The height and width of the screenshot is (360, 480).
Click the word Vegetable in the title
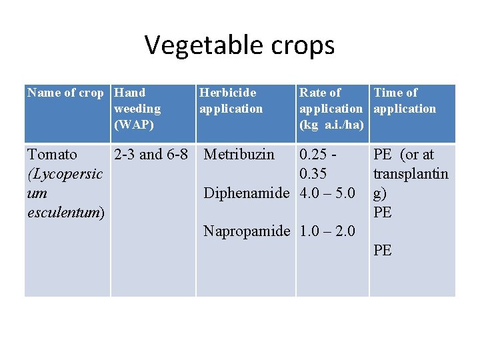(201, 45)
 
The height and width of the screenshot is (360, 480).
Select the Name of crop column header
(65, 93)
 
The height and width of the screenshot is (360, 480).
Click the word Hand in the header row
(130, 93)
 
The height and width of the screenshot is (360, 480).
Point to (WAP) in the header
(134, 125)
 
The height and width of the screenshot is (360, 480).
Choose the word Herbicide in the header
(227, 93)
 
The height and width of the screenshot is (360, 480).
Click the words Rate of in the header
(320, 93)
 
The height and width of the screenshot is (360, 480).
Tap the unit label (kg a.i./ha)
(331, 125)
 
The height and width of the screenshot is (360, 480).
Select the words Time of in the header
(395, 93)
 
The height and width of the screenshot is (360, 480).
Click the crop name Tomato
(52, 155)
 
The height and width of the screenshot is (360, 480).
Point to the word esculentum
(65, 213)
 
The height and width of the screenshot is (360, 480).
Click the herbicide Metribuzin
(239, 155)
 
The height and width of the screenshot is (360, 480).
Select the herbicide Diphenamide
(247, 193)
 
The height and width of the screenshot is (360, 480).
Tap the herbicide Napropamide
(247, 231)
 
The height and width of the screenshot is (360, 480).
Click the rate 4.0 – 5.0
(327, 193)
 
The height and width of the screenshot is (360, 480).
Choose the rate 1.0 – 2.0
(327, 231)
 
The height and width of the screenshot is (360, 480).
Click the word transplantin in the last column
(411, 174)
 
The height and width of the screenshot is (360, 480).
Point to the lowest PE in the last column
(383, 251)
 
